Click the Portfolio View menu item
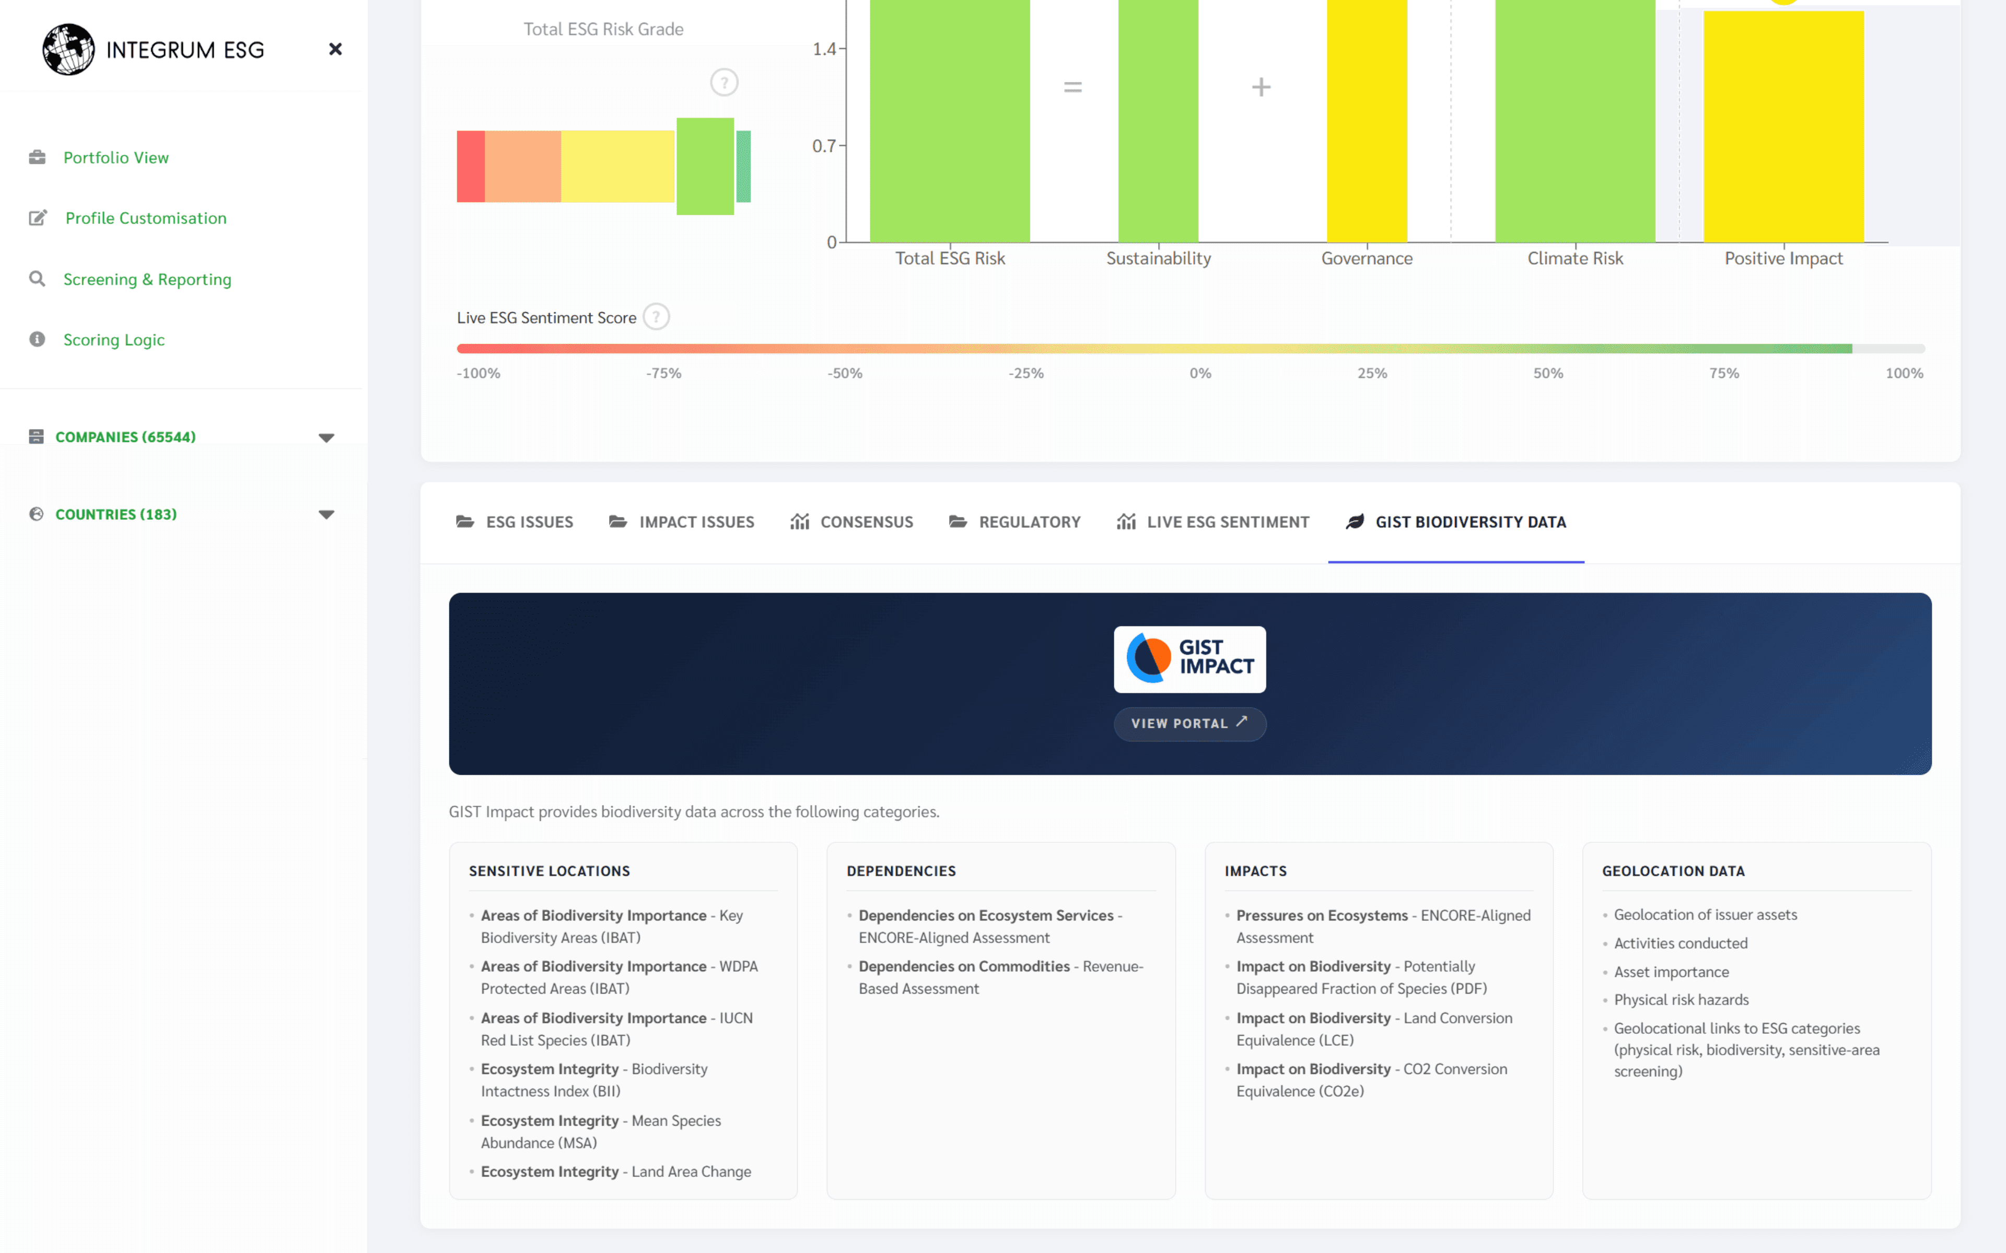point(115,158)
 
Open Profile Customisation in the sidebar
point(145,218)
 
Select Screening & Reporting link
point(147,279)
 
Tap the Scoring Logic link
point(113,340)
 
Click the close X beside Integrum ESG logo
point(335,50)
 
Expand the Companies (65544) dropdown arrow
point(326,438)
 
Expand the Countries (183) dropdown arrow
point(326,515)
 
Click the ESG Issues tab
point(515,522)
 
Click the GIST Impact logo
point(1189,659)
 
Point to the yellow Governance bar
point(1367,124)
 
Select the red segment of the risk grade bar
point(471,167)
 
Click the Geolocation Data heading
point(1673,871)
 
